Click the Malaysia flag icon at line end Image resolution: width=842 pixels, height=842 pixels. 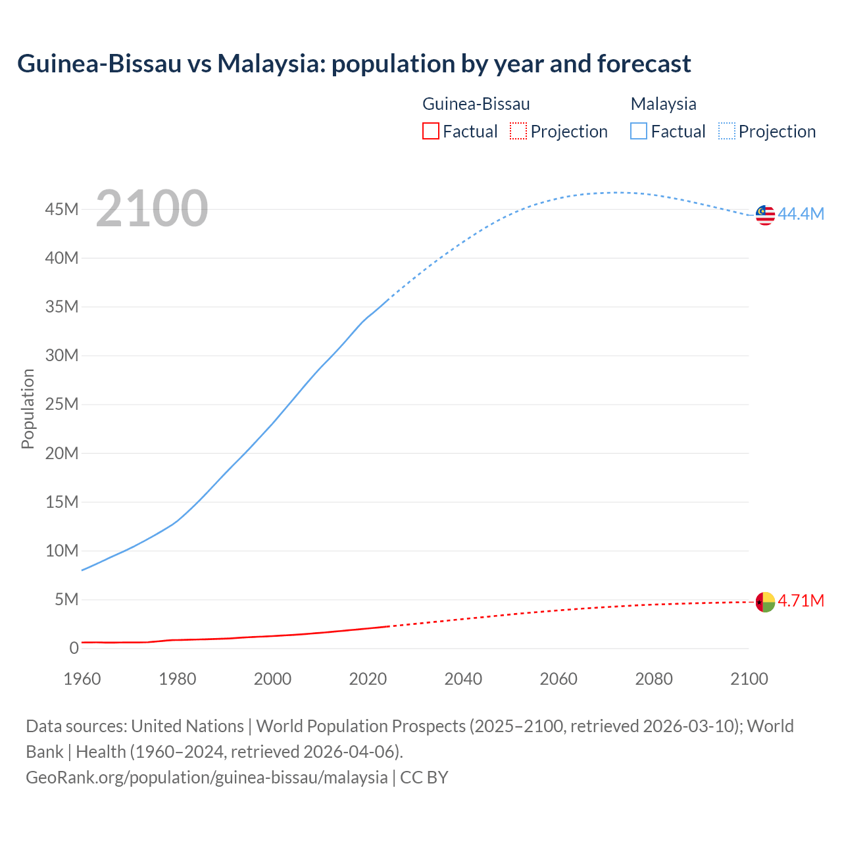765,214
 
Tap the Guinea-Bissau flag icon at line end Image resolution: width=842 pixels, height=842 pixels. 765,601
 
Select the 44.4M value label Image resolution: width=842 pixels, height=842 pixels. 801,214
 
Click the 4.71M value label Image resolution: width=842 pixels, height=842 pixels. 801,601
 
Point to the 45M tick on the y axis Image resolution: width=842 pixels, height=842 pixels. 62,209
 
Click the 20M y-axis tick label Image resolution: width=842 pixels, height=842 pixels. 62,453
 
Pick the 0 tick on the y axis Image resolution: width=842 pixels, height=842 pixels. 74,648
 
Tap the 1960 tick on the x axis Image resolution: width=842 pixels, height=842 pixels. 82,679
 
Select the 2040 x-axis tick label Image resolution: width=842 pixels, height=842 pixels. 463,679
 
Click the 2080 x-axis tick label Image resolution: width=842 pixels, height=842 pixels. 654,679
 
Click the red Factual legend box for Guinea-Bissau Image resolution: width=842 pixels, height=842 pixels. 430,132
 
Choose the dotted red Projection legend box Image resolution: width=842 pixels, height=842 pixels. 518,132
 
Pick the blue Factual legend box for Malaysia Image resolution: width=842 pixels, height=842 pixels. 638,132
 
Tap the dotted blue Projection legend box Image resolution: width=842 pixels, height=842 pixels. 726,132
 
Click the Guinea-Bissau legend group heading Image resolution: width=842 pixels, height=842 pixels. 476,104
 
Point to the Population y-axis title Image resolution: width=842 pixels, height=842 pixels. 28,409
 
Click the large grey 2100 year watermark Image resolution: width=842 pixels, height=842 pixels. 152,209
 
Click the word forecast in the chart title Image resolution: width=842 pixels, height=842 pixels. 644,64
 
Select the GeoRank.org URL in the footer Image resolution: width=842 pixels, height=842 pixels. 207,777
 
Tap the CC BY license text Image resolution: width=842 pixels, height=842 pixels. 424,777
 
